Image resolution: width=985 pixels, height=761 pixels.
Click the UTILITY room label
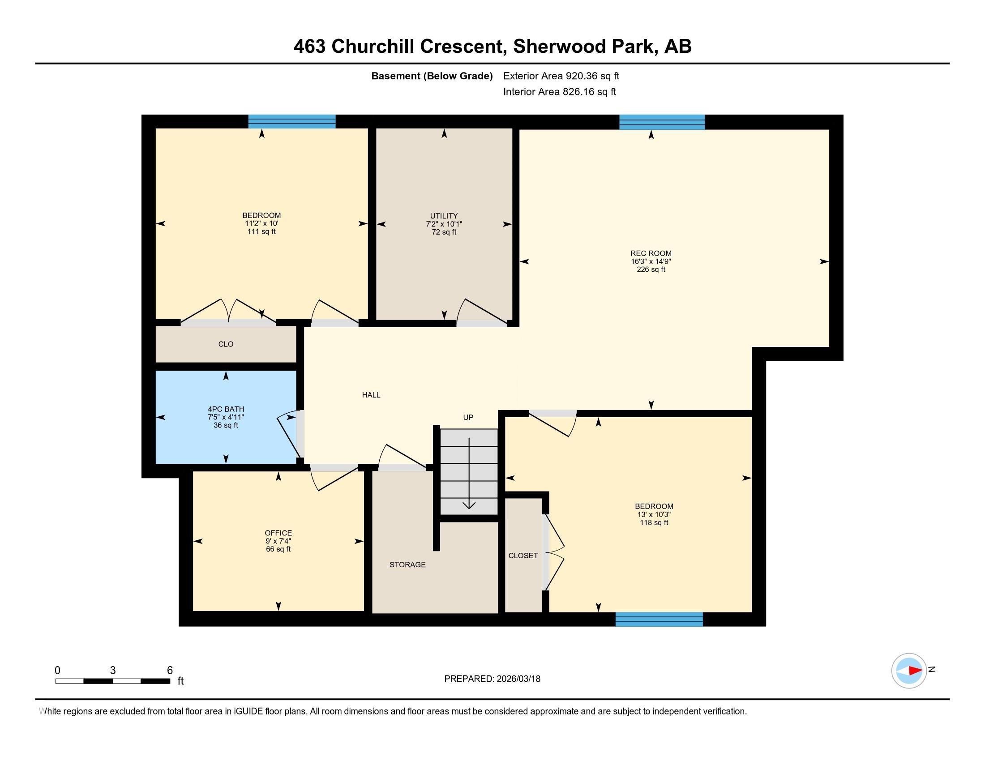coord(444,216)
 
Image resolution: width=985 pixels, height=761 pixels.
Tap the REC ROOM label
coord(651,253)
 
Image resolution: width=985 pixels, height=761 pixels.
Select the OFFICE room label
coord(278,533)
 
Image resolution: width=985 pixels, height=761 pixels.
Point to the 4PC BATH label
coord(226,409)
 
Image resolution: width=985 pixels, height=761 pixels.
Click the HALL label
coord(371,395)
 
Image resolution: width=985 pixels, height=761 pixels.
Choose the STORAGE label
coord(408,564)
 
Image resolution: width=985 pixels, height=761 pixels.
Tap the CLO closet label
coord(226,344)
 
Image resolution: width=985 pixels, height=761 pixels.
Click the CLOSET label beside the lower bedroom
coord(523,556)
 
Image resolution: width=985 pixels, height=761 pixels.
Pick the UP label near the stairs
coord(468,418)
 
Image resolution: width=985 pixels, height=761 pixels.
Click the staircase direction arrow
coord(469,473)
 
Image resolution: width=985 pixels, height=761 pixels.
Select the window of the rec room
coord(662,122)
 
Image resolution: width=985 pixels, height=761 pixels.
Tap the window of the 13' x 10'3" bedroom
coord(660,620)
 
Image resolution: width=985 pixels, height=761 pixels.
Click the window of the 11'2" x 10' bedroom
coord(292,122)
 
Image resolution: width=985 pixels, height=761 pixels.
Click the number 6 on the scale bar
coord(170,671)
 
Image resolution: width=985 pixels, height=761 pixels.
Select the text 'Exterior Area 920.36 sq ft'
coord(561,76)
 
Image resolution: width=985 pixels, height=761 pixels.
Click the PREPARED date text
coord(492,679)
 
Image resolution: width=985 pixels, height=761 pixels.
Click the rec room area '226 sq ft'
coord(651,269)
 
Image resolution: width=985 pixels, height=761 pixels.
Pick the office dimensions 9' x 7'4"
coord(278,541)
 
